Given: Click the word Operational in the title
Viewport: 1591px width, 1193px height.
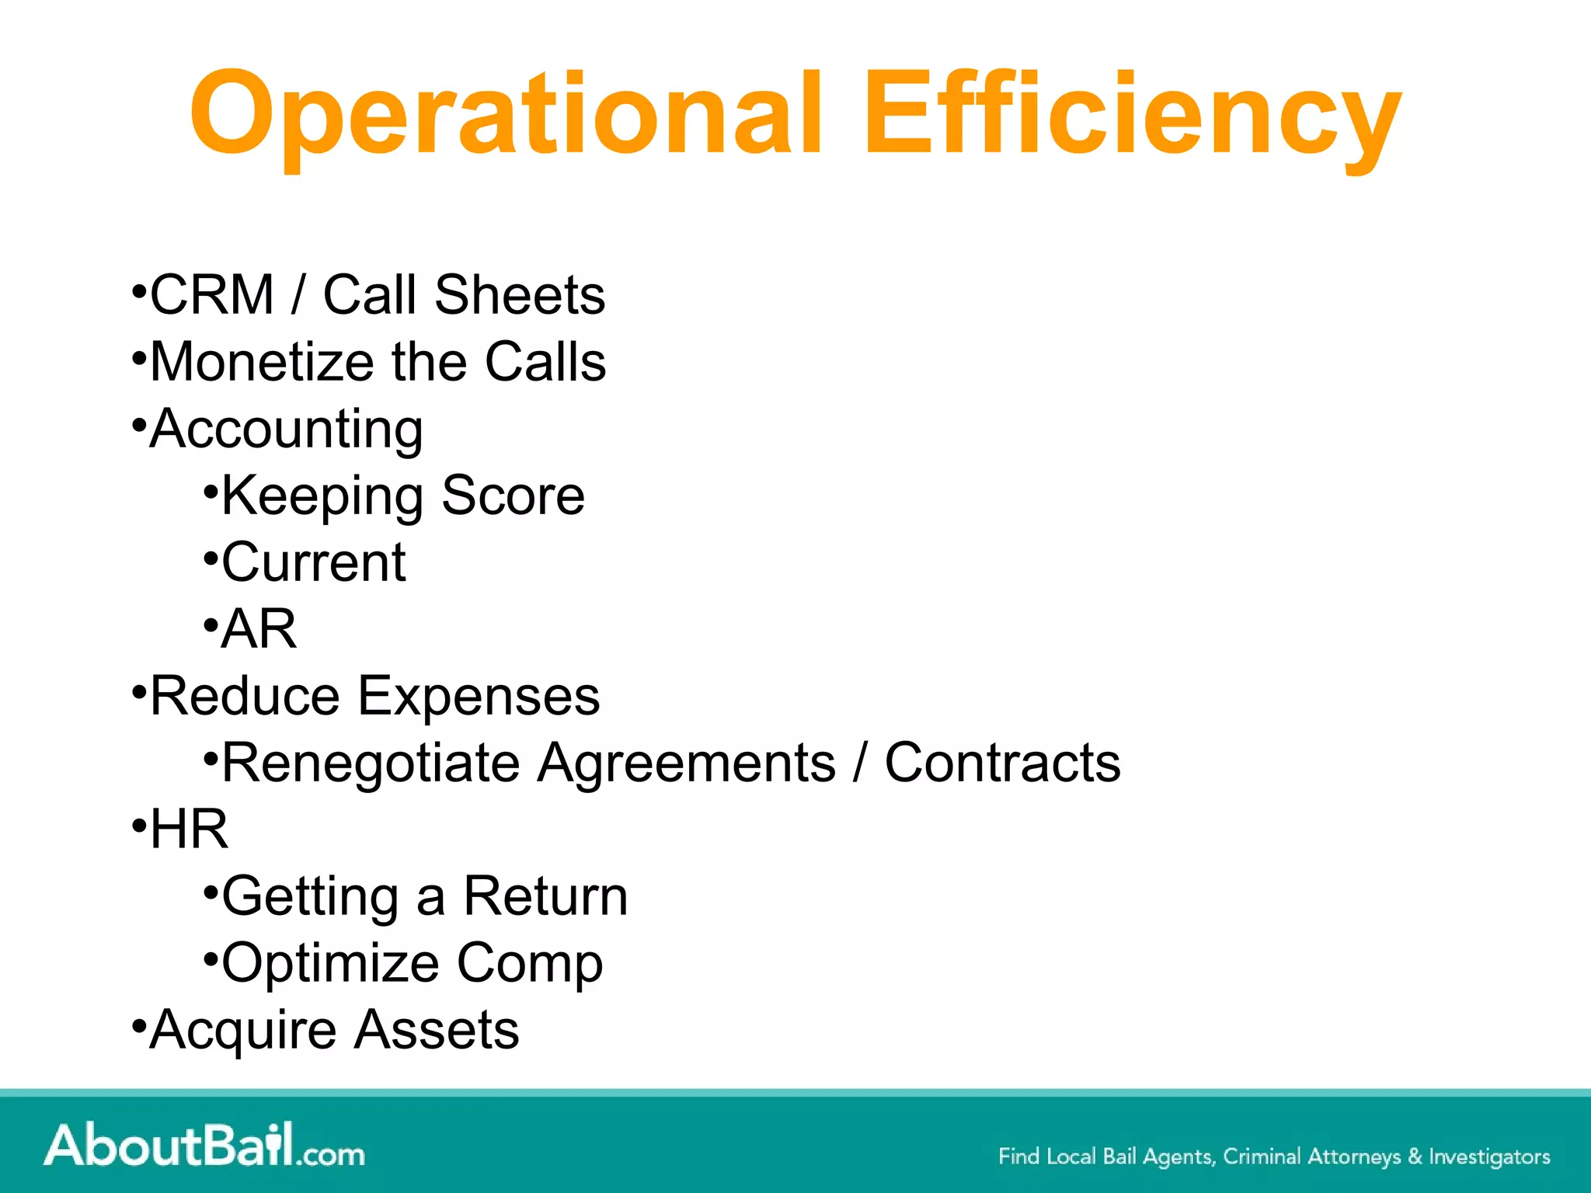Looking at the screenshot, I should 505,115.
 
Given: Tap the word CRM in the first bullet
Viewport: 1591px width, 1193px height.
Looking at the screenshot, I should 211,295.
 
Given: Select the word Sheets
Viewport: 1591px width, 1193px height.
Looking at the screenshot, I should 519,295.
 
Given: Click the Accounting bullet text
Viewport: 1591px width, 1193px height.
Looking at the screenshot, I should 286,429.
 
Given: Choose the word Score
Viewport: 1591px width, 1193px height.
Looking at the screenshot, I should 513,496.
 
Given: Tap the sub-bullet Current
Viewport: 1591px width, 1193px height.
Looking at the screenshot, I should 313,562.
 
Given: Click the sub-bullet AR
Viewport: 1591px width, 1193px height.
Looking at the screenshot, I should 258,629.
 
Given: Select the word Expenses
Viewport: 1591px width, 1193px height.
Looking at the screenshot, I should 478,696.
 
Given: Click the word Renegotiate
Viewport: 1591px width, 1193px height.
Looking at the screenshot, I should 371,763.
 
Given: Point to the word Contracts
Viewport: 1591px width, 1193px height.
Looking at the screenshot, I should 1002,763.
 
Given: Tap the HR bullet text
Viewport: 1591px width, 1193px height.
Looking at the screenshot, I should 189,830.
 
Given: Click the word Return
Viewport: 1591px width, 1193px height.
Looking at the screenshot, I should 545,896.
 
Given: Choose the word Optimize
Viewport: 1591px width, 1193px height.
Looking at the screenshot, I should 330,963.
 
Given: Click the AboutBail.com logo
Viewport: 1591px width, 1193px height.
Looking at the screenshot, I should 204,1145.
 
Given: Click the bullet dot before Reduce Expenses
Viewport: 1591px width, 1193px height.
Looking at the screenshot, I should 139,690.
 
